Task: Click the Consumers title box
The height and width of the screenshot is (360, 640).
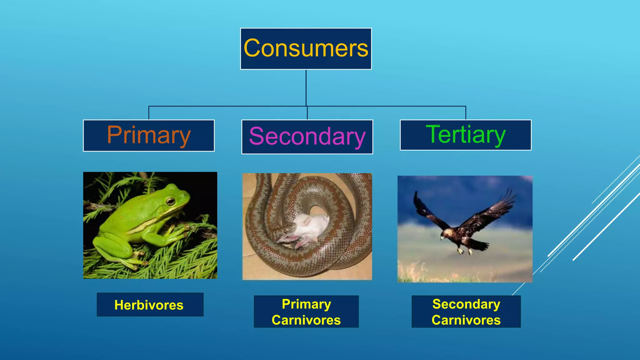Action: (x=306, y=49)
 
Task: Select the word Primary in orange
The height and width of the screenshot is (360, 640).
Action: (x=149, y=135)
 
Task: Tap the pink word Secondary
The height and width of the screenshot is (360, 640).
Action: (x=307, y=137)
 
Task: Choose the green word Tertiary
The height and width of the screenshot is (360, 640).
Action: (x=466, y=135)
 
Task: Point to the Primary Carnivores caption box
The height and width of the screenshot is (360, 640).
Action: (x=306, y=312)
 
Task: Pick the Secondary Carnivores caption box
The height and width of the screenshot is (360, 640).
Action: (x=466, y=312)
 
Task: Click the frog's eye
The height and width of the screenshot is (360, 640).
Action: (x=170, y=201)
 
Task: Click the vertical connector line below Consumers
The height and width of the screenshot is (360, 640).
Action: (x=306, y=87)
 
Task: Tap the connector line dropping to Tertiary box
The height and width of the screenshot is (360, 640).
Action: (x=466, y=113)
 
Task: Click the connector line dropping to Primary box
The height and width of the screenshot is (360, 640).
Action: (x=149, y=113)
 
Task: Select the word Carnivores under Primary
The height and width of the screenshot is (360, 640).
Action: (x=306, y=320)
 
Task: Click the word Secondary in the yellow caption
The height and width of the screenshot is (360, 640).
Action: (x=466, y=304)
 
